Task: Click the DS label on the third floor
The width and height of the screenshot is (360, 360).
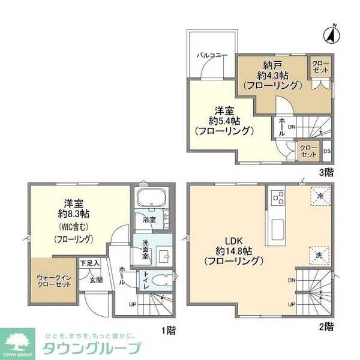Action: (326, 151)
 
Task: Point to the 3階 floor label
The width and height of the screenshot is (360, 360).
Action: (325, 172)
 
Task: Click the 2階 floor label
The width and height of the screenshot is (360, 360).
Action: (326, 328)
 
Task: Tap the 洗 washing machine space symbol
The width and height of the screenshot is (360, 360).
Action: (319, 255)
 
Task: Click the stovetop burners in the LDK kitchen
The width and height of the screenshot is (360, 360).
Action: (278, 197)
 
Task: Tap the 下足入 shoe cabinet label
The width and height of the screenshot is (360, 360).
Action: (89, 263)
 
